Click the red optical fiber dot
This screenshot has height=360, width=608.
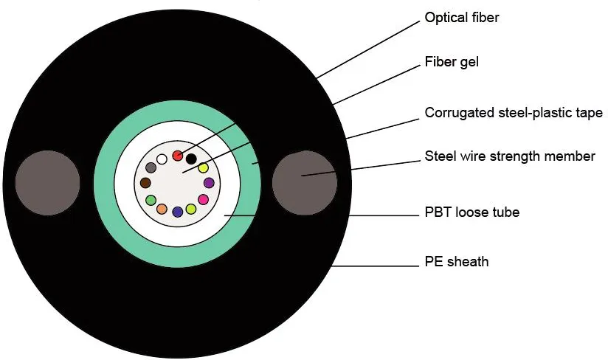[x=178, y=155]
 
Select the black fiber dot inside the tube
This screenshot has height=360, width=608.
[x=191, y=159]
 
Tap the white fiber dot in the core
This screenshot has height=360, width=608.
[x=162, y=159]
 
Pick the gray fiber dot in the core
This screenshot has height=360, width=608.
[x=151, y=168]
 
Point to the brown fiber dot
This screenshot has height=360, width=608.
[x=145, y=183]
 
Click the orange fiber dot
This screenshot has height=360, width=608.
[x=162, y=210]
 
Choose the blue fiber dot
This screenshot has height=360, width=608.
[x=177, y=212]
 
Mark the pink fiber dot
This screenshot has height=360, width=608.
[x=204, y=199]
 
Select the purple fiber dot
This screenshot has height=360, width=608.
[x=209, y=183]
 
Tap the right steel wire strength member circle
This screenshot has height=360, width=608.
[x=305, y=179]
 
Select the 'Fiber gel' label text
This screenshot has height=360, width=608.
[x=452, y=62]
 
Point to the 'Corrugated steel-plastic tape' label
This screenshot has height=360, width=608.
[x=514, y=113]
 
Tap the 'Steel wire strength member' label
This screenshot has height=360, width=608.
[x=510, y=156]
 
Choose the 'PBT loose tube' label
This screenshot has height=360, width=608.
[x=472, y=212]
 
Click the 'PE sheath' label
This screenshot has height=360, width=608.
[x=457, y=261]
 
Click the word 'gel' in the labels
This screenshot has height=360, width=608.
[x=468, y=62]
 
